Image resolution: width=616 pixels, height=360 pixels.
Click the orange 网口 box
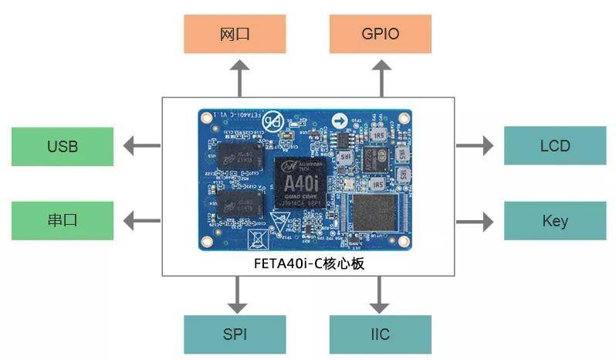pyautogui.click(x=235, y=34)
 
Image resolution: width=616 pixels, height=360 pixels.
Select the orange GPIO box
pyautogui.click(x=380, y=34)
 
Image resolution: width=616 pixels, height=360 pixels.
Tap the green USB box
pyautogui.click(x=62, y=146)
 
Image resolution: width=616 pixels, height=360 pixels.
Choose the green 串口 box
pyautogui.click(x=62, y=220)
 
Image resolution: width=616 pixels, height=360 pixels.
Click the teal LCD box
pyautogui.click(x=554, y=145)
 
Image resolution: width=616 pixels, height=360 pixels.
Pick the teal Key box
pyautogui.click(x=554, y=221)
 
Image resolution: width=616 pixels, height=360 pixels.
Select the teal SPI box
pyautogui.click(x=235, y=335)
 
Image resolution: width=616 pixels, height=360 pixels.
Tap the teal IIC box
pyautogui.click(x=380, y=335)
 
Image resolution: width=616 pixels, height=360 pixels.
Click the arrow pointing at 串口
pyautogui.click(x=141, y=220)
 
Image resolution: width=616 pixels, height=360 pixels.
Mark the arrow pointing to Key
pyautogui.click(x=474, y=221)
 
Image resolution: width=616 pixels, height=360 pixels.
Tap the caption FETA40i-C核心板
pyautogui.click(x=308, y=263)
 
